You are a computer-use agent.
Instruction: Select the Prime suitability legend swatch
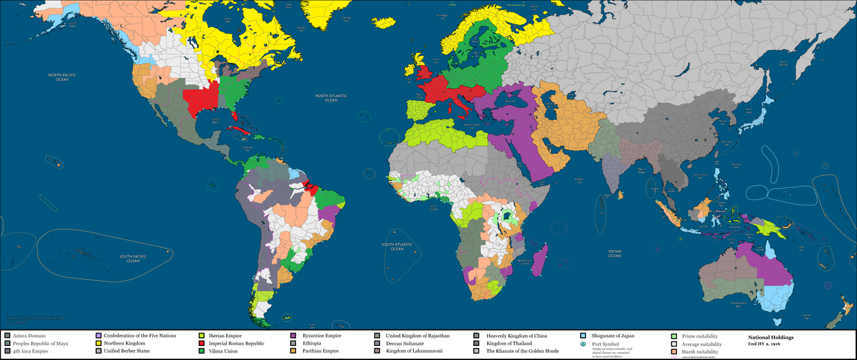674,335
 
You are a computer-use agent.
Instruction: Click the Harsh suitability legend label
700,351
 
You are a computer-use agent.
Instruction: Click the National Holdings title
771,337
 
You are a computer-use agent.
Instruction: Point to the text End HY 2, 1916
767,343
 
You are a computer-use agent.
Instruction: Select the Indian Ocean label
615,253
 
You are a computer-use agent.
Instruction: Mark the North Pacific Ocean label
62,77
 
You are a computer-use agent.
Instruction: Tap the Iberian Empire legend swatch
202,335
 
